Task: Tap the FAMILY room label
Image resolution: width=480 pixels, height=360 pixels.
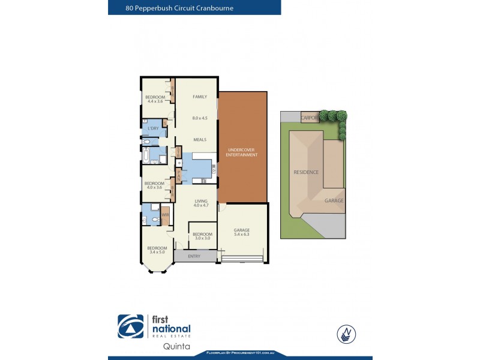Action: point(199,97)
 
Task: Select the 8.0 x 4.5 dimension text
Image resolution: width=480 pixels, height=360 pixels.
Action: point(199,118)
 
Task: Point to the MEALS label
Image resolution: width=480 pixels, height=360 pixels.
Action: point(199,139)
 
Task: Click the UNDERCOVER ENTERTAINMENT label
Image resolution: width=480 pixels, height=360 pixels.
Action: point(242,152)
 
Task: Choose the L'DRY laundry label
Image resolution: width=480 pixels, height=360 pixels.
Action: point(152,128)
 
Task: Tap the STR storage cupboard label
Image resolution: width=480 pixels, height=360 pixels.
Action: point(178,152)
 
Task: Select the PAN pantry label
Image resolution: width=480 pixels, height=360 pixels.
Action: point(178,175)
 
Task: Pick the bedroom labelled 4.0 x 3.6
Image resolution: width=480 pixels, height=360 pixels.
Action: point(154,185)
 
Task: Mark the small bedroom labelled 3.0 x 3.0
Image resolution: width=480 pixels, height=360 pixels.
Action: point(202,236)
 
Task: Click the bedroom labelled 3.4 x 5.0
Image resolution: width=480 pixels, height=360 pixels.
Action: point(158,250)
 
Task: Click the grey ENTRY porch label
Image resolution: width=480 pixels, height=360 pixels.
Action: point(194,256)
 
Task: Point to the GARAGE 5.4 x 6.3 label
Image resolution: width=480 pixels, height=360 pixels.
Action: point(242,232)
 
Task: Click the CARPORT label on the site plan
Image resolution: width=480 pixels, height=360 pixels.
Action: point(310,118)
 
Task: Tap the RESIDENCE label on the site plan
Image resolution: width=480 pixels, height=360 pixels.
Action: point(306,172)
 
